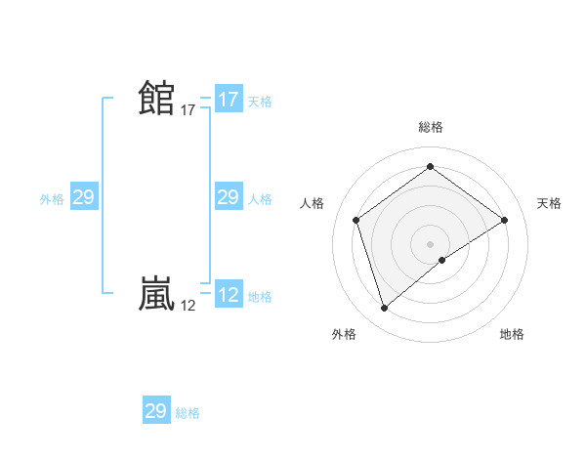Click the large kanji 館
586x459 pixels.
(x=156, y=99)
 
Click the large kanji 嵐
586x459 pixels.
(x=156, y=294)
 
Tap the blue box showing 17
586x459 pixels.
(x=228, y=100)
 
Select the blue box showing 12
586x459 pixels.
(x=228, y=295)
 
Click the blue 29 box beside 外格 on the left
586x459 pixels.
(x=83, y=198)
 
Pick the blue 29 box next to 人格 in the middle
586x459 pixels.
(x=228, y=198)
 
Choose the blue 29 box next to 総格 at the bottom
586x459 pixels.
(x=156, y=411)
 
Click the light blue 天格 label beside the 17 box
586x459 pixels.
(x=260, y=102)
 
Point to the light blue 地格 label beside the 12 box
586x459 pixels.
(x=260, y=297)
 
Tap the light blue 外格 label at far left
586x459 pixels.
(x=52, y=199)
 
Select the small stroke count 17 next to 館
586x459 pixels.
(x=188, y=110)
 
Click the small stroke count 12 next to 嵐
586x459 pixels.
(x=188, y=306)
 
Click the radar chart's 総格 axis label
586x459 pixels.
(x=430, y=127)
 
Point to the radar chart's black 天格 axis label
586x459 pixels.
(x=549, y=203)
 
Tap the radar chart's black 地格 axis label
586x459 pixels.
(x=512, y=335)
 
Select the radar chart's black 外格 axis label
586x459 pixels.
(x=344, y=335)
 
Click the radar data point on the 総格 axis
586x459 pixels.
(x=430, y=167)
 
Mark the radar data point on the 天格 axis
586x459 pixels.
(x=504, y=220)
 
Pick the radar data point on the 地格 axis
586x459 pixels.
(x=442, y=260)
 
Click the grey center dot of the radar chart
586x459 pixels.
(x=430, y=243)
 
